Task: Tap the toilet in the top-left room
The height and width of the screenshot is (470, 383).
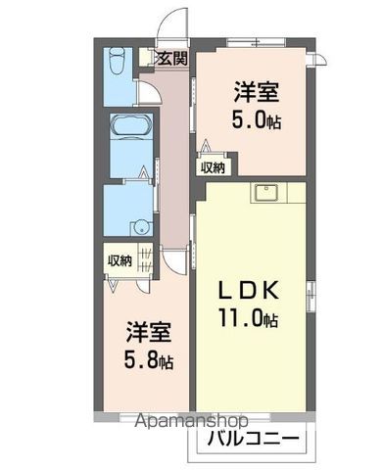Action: [117, 62]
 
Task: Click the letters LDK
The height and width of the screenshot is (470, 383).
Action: [249, 291]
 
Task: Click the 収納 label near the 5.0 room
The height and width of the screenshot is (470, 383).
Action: [214, 167]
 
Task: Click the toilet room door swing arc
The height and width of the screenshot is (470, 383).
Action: [148, 94]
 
